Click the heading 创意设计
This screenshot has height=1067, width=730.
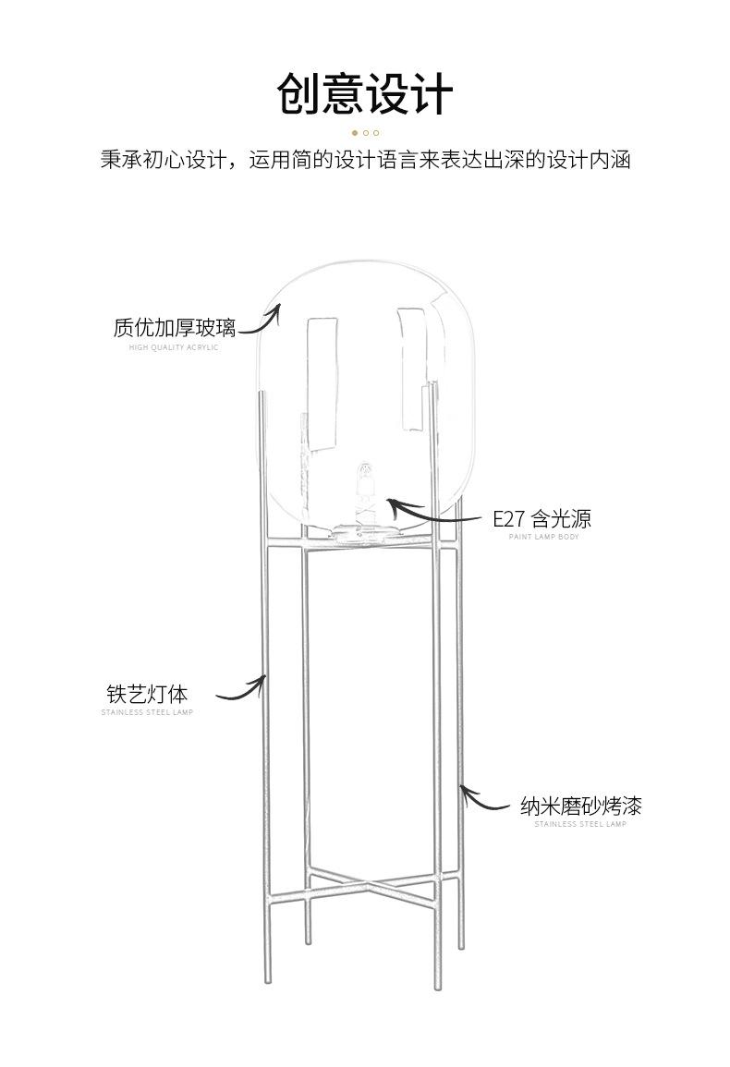click(x=365, y=94)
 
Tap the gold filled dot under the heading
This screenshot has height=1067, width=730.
click(x=355, y=133)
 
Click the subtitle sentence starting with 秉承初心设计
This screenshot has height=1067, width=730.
click(x=365, y=160)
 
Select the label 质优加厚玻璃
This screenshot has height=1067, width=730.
click(x=174, y=328)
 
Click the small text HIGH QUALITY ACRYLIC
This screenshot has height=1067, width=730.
click(x=174, y=347)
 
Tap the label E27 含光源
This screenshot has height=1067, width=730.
click(x=541, y=518)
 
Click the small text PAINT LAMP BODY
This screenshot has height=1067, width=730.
click(x=543, y=537)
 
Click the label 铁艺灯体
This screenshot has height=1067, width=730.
click(x=147, y=693)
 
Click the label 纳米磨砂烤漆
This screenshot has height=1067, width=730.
click(x=580, y=806)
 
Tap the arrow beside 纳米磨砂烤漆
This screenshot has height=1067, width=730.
click(x=484, y=799)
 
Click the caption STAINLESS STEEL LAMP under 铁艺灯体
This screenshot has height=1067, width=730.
click(x=147, y=712)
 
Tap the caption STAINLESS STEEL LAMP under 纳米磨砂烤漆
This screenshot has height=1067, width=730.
click(x=580, y=824)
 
